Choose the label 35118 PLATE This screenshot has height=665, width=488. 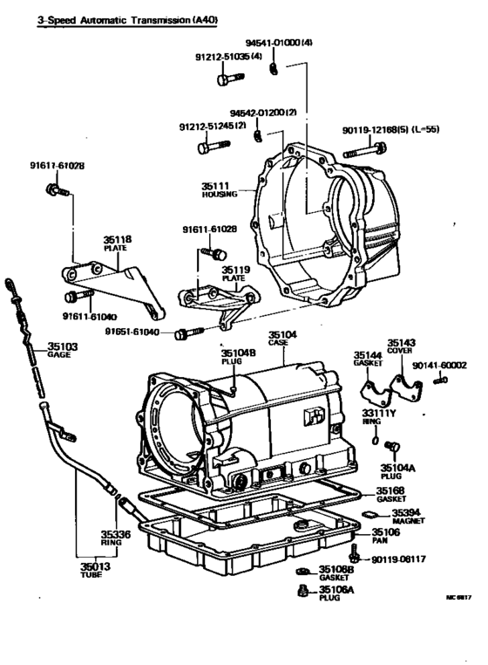pos(117,243)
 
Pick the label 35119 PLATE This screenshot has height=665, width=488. pos(235,274)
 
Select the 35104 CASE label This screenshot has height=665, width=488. pos(281,339)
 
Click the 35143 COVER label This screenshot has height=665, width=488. pos(402,346)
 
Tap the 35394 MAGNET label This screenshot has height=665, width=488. pos(408,517)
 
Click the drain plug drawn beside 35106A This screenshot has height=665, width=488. pos(302,593)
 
